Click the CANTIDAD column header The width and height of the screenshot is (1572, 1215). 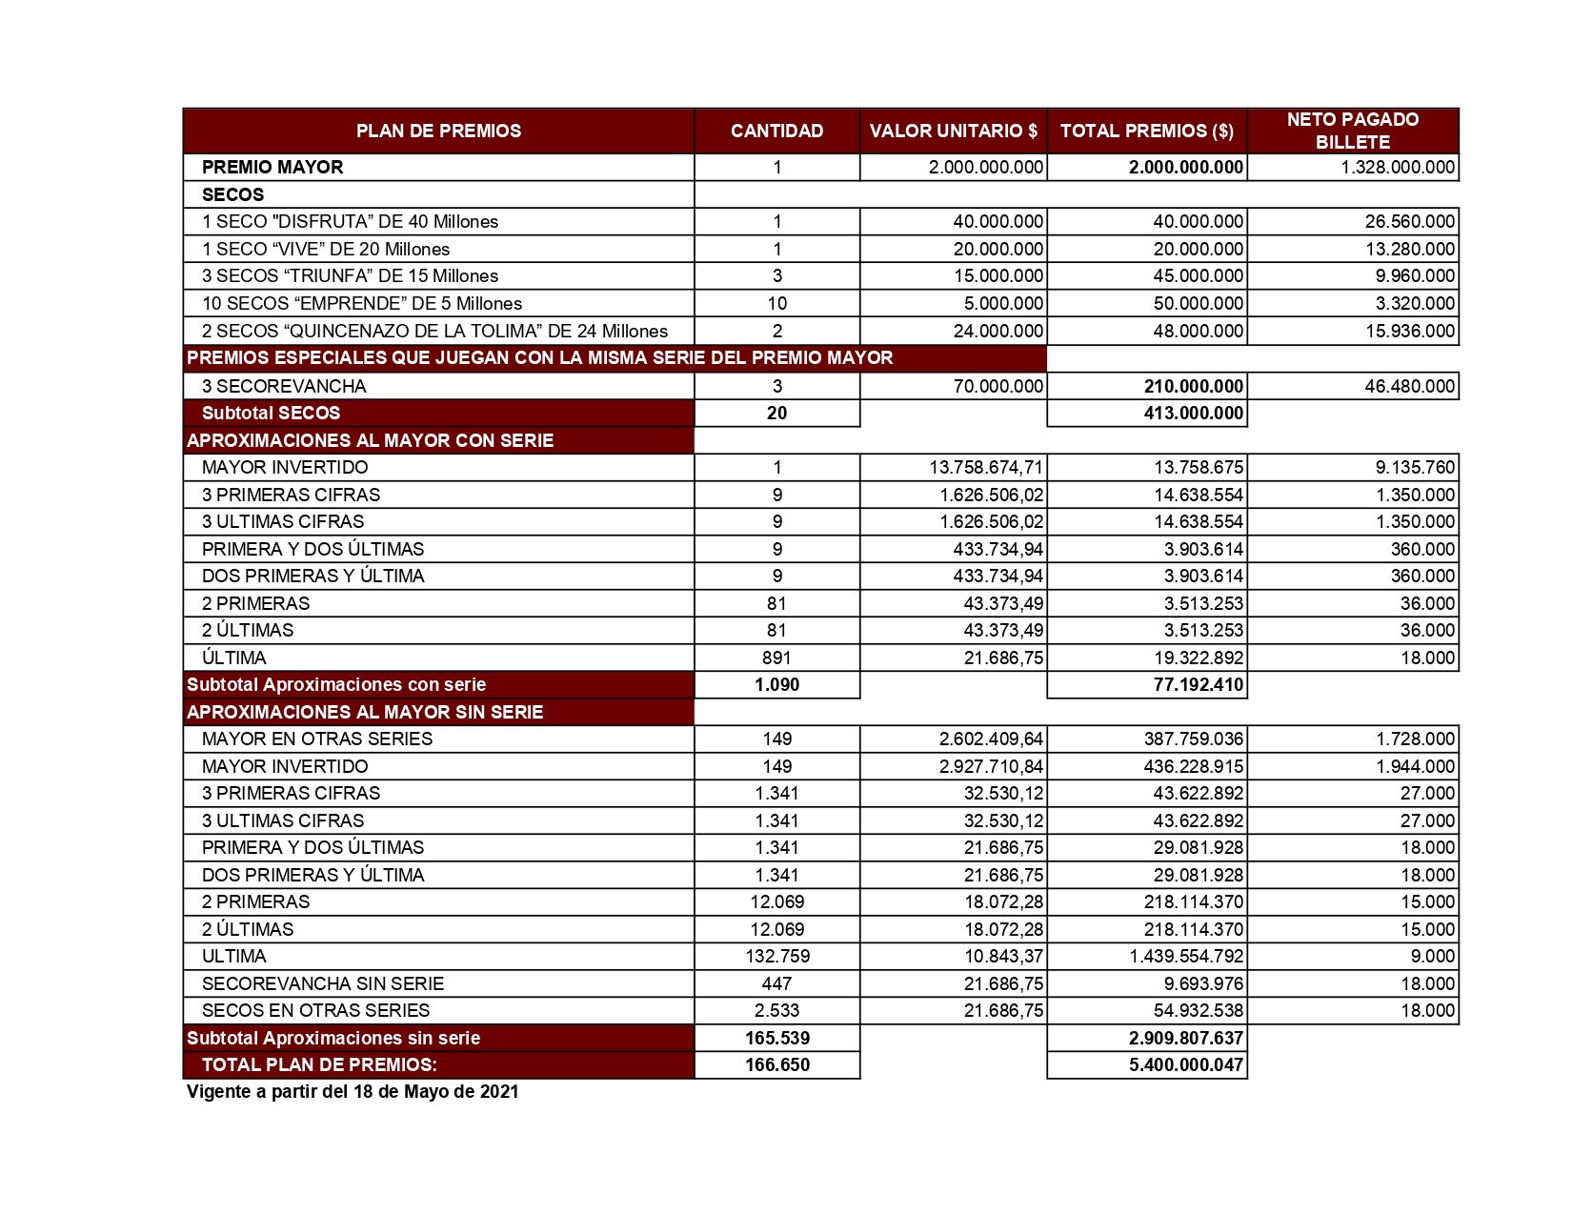776,131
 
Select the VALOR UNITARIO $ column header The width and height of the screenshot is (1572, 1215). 953,131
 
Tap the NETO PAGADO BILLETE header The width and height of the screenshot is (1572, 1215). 1352,131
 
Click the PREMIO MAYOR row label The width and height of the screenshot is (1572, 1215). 272,167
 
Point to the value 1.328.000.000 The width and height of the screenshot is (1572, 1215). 1398,167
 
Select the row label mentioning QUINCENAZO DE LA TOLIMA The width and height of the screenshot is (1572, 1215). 434,331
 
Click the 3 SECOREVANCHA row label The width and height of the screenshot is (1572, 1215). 284,386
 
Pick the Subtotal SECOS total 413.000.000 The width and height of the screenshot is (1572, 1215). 1193,413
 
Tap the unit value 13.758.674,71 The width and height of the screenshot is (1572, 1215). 986,467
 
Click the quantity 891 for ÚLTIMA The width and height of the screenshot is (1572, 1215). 776,658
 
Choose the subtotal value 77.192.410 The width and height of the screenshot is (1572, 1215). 1198,684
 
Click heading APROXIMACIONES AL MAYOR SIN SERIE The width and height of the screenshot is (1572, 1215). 365,712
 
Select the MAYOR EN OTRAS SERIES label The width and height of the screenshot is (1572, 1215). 317,739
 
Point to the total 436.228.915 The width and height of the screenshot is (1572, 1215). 1193,766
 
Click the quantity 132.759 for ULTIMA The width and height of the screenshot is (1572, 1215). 776,956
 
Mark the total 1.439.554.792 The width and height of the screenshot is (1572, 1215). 1186,956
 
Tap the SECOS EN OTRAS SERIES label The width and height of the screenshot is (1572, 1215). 315,1010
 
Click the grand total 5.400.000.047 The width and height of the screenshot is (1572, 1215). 1186,1064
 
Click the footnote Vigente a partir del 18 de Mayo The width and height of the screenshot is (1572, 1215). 353,1092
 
